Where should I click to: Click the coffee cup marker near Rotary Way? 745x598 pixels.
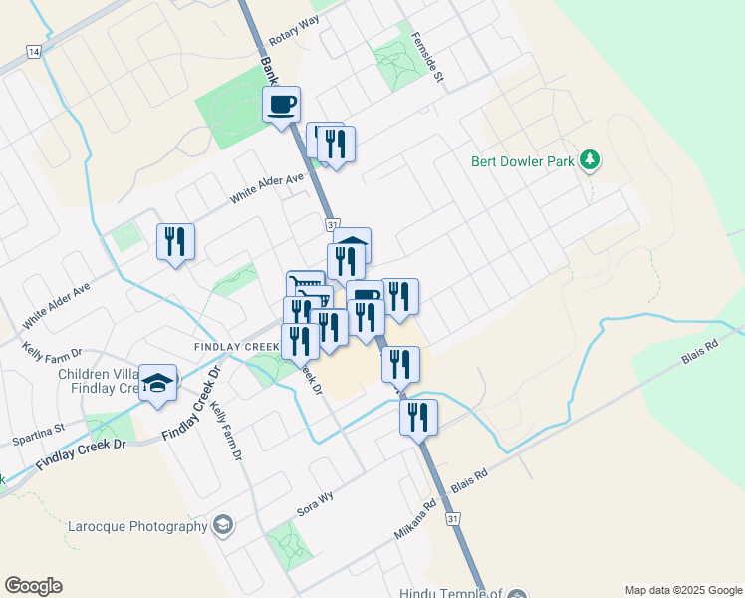point(282,104)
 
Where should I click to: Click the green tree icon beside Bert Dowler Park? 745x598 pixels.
point(591,159)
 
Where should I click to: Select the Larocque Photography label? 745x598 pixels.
point(138,526)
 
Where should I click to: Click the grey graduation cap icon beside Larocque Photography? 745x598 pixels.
point(224,525)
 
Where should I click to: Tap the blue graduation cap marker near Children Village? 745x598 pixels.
point(157,383)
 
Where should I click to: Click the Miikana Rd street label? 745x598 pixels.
point(415,519)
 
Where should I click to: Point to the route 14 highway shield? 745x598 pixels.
point(34,51)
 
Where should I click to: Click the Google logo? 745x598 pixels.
point(33,586)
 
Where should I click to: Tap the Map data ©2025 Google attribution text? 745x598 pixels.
point(683,590)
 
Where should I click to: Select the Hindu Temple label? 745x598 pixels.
point(447,593)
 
